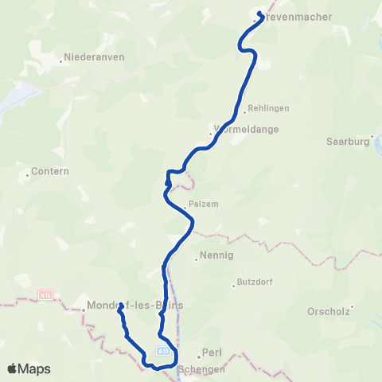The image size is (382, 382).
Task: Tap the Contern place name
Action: [x=49, y=170]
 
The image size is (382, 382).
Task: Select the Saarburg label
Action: [x=349, y=141]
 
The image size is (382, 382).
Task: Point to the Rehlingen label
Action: [x=268, y=107]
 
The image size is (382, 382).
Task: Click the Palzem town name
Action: [x=204, y=203]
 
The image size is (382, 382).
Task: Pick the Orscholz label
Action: [x=329, y=311]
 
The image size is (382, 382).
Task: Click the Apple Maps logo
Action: [x=29, y=368]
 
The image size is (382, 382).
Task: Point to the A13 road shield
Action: [x=164, y=349]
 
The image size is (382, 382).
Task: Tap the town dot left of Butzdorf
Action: [x=235, y=283]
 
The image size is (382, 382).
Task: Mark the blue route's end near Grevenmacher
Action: [x=260, y=14]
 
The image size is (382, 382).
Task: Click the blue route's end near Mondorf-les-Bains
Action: [x=119, y=312]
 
